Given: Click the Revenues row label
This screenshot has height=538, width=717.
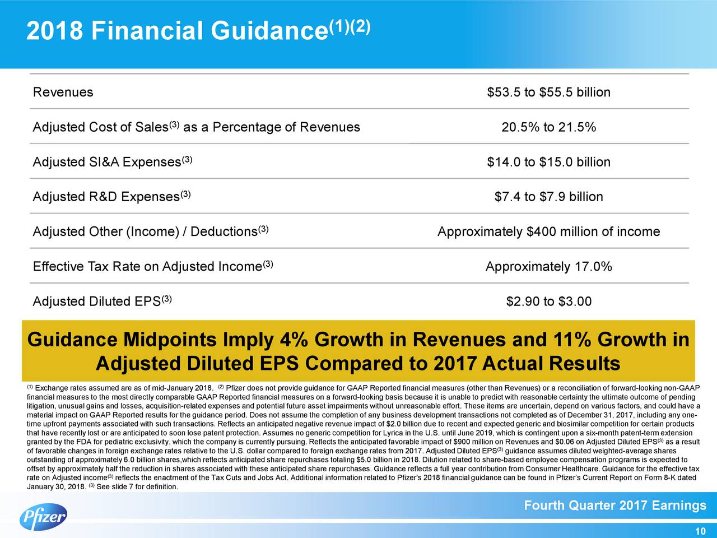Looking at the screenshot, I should coord(63,92).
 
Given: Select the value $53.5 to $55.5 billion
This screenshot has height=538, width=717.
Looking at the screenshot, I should coord(548,92).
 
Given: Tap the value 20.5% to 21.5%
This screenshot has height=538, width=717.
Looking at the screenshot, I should coord(548,127).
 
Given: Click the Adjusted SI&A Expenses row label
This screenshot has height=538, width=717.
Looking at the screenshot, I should coord(113,162).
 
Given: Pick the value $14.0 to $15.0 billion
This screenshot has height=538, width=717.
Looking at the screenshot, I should coord(548,162).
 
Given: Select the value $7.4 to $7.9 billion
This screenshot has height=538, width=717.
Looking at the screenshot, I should coord(548,197).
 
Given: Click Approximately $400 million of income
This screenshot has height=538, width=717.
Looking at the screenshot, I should coord(548,231).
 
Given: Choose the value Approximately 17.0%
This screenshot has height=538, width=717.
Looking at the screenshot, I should coord(548,267).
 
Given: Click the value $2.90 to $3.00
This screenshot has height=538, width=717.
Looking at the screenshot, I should coord(548,302).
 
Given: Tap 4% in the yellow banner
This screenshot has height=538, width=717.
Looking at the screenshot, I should coord(295,340).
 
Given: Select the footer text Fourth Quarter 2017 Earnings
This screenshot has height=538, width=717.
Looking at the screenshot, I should coord(614,506).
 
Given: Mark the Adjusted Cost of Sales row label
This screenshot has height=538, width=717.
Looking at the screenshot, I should coord(196,127).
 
